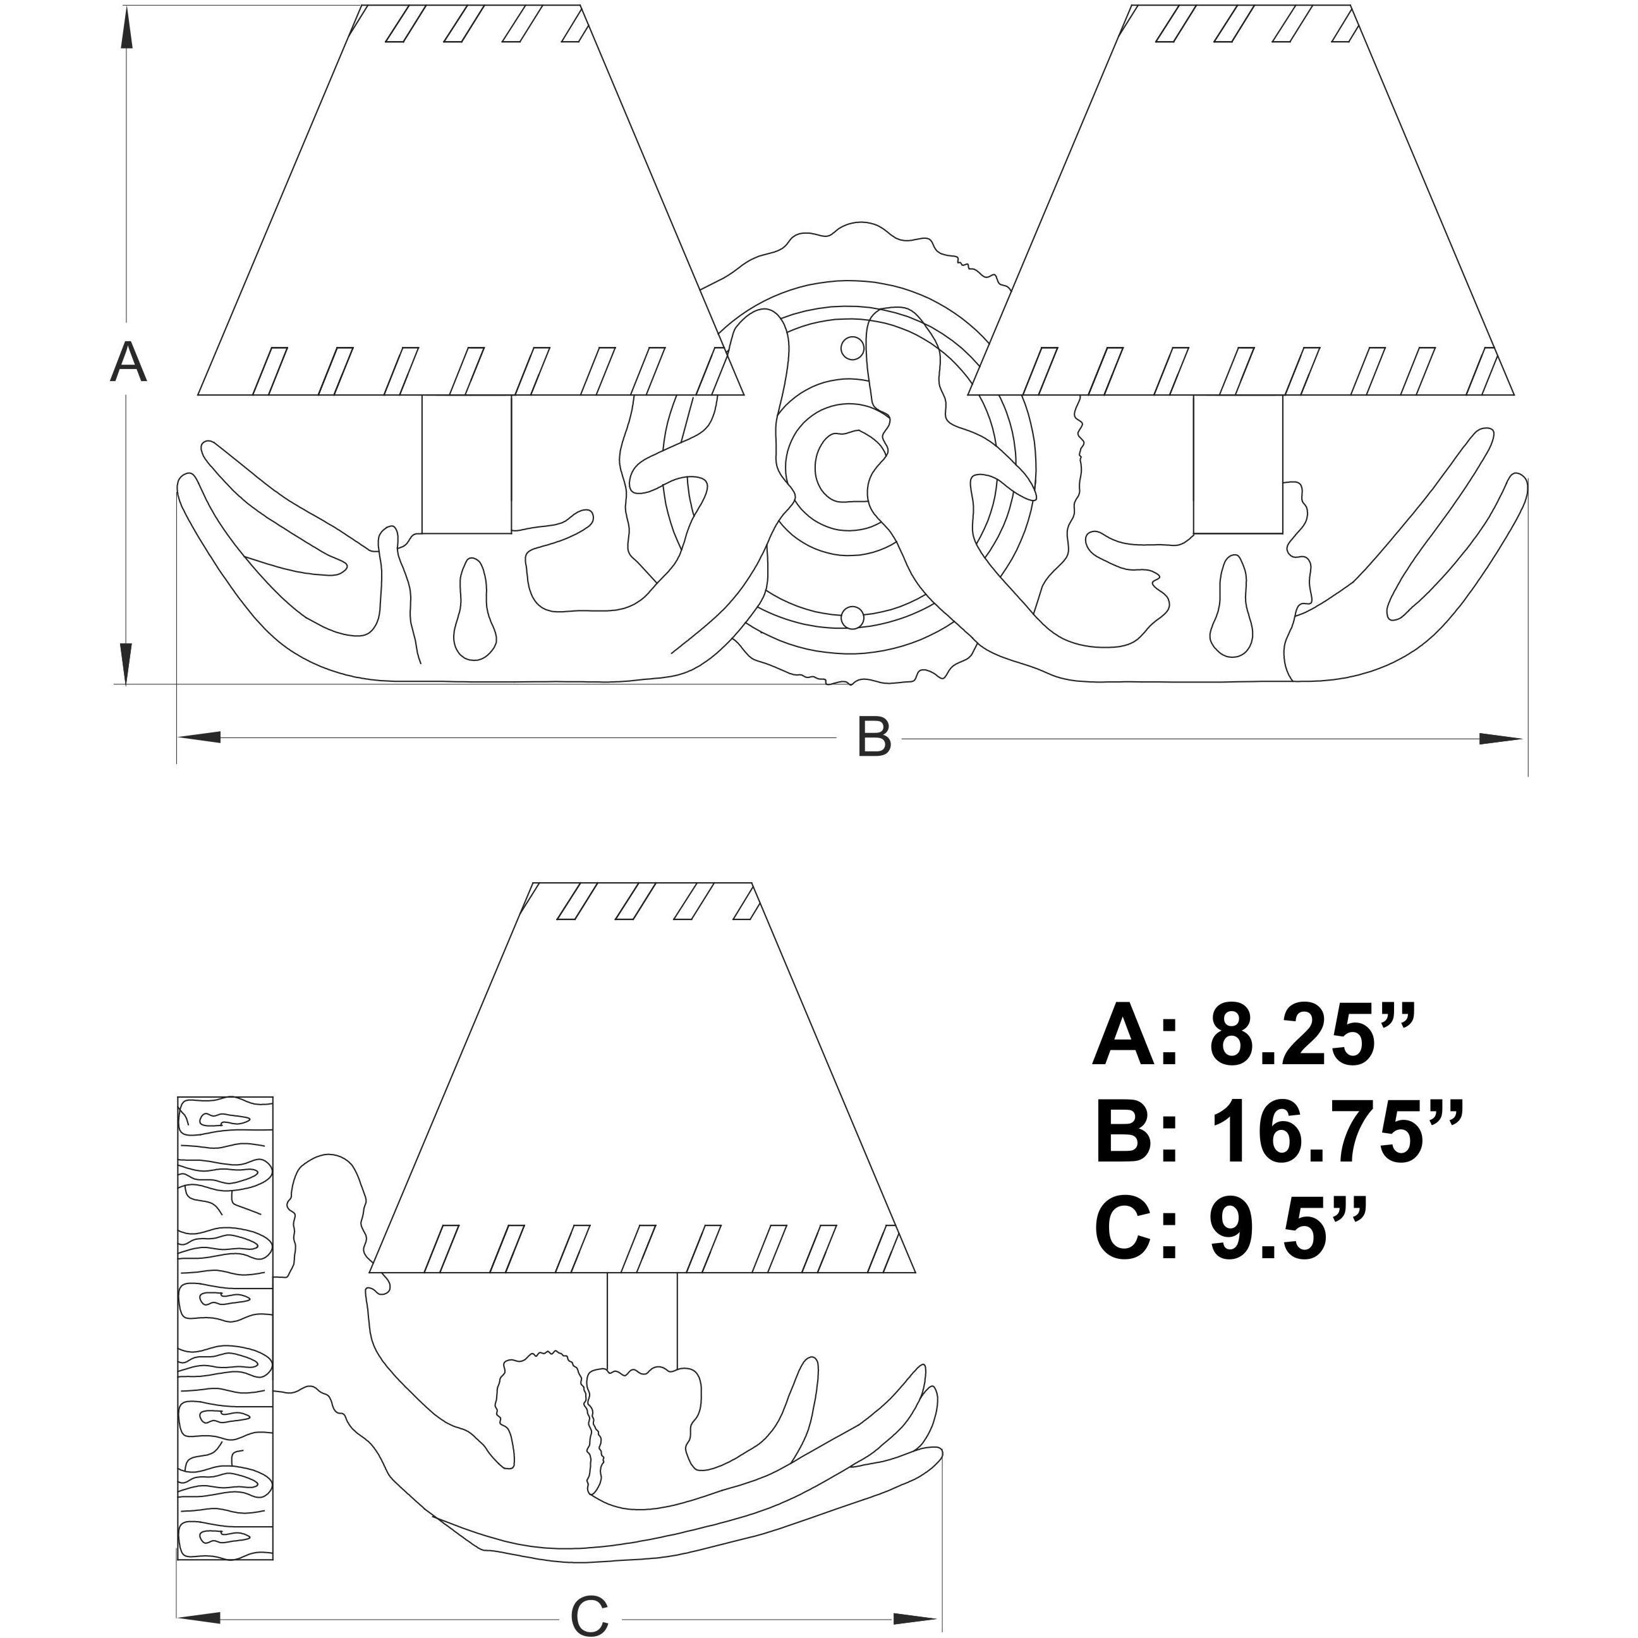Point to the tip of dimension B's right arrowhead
1524,739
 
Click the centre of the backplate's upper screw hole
852,348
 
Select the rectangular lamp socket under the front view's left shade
466,464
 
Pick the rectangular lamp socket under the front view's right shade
1238,464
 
